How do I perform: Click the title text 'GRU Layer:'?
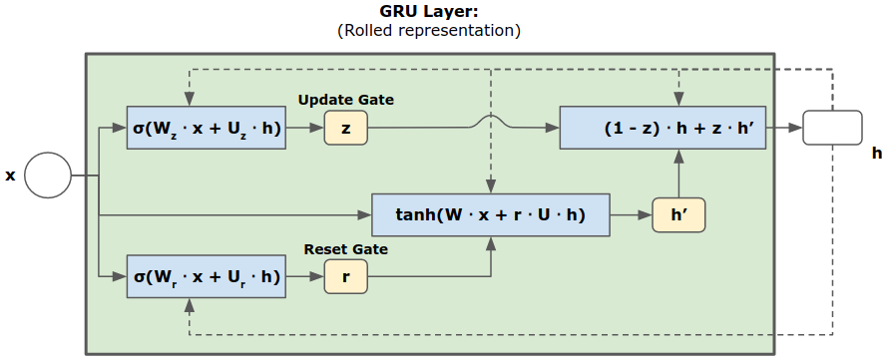[429, 12]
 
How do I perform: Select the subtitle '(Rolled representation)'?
[429, 31]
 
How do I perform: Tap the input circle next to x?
[48, 177]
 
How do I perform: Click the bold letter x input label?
[11, 176]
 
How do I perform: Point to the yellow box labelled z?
[345, 128]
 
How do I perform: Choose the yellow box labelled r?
[345, 276]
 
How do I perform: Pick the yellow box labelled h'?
[678, 214]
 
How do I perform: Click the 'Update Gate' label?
[345, 100]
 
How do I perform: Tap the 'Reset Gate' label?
[345, 248]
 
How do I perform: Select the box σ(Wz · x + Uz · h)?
[207, 128]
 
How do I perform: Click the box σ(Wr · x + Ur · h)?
[207, 276]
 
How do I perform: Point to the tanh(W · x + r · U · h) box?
[490, 214]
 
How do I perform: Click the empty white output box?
[831, 128]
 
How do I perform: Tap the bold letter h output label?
[876, 154]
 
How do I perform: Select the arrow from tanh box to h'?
[630, 214]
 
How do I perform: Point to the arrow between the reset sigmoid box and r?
[305, 276]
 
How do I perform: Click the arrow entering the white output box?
[788, 128]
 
